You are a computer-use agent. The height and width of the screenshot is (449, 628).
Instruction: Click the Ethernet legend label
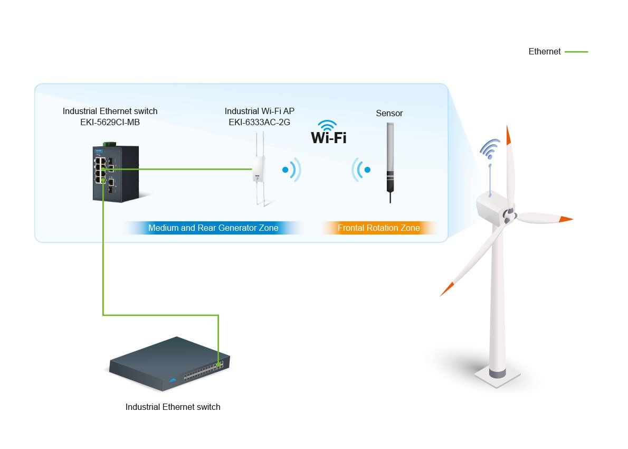544,51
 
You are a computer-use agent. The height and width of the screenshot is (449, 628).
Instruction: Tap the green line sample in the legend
576,52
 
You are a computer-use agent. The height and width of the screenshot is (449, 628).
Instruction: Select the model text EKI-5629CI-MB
110,122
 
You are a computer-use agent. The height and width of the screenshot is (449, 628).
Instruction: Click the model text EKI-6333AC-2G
259,122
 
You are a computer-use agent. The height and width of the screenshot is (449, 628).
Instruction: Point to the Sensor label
389,113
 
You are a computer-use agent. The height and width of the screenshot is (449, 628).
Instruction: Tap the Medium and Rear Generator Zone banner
213,228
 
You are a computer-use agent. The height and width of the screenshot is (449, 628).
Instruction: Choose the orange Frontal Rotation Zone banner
378,228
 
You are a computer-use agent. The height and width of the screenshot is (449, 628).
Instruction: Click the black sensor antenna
390,162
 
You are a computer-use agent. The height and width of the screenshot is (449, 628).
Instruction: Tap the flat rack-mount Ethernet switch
169,363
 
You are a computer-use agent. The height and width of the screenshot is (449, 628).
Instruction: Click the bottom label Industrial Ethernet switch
173,407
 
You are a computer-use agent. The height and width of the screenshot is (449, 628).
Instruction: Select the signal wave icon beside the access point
291,170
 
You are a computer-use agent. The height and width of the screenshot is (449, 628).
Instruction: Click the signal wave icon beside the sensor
361,170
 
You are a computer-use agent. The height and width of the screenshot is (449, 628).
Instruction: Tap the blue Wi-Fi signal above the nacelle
490,149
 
